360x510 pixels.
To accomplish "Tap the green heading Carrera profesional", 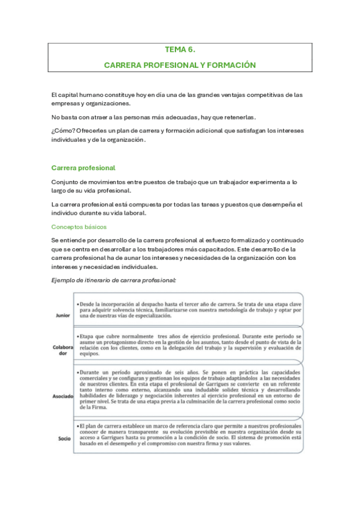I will [x=83, y=168].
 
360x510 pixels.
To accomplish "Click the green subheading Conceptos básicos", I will [x=79, y=227].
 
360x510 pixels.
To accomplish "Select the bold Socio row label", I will [x=64, y=438].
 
